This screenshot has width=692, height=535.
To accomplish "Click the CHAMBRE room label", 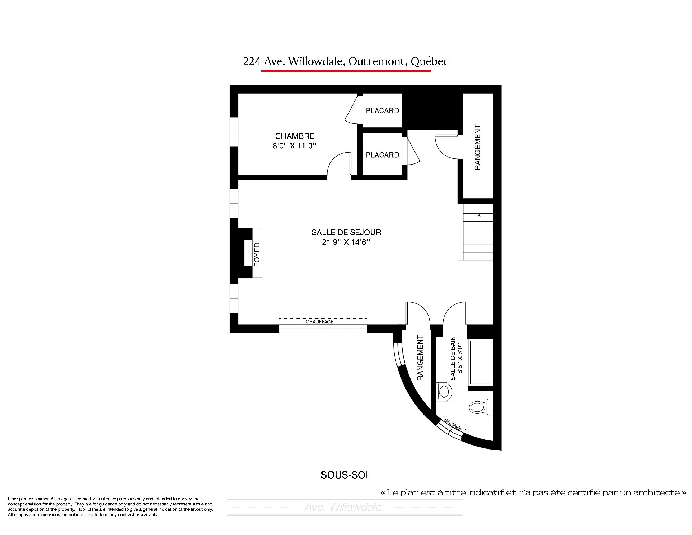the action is (294, 136).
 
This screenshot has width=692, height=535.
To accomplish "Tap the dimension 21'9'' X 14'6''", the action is (346, 242).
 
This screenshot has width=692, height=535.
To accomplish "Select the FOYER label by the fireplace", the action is (257, 255).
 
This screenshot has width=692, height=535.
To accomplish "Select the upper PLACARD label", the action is (382, 110).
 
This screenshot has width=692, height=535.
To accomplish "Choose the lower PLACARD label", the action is (382, 155).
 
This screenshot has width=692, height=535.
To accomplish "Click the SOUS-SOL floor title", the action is (346, 475).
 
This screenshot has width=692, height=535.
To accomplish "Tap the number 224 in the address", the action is (252, 62).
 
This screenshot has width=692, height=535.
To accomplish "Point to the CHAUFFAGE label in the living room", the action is (319, 321).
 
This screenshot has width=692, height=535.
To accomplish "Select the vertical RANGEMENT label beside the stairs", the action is (477, 147).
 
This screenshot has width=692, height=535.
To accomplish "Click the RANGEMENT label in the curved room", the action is (420, 358).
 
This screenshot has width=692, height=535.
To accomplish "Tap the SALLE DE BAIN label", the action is (453, 358).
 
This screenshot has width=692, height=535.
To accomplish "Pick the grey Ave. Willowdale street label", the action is (343, 508).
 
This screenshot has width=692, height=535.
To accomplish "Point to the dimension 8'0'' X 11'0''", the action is (294, 146).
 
